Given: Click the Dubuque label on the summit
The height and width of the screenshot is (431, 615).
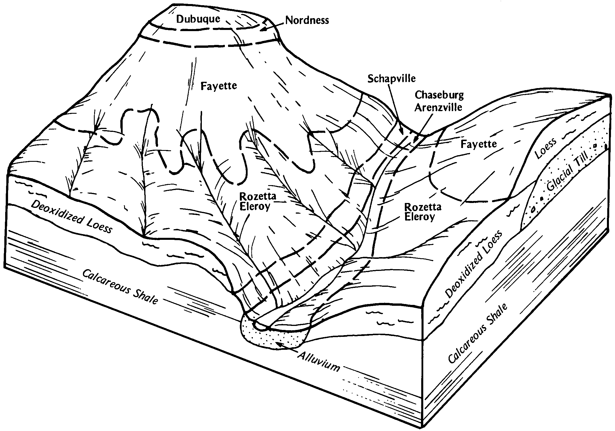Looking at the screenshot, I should tap(198, 19).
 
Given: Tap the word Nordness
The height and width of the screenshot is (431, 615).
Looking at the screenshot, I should tap(307, 20).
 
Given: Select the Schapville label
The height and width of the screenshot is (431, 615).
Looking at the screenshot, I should tap(391, 78).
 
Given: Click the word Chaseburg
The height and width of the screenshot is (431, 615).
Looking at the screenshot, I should tap(439, 95).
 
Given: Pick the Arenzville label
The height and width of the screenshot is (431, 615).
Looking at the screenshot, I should tap(438, 107).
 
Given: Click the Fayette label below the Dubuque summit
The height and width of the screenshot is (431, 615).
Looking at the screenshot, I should tap(219, 86).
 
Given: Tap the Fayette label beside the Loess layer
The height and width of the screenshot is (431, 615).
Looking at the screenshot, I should tap(479, 144).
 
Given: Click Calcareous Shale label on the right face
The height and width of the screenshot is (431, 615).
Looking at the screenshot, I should tap(478, 334).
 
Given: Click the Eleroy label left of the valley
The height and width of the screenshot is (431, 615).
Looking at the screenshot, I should tap(255, 206).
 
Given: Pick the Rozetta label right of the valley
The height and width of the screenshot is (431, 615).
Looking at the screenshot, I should tap(422, 207).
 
